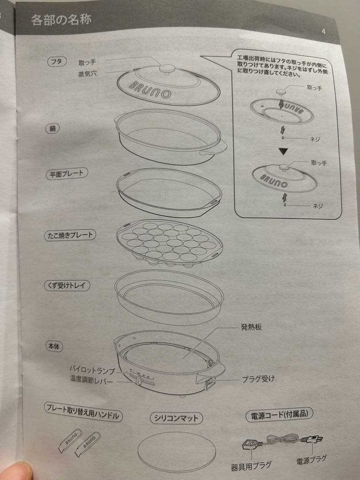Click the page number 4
click(324, 31)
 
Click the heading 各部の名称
click(61, 20)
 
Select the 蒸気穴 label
click(87, 74)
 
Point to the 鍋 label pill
click(52, 129)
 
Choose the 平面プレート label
click(67, 174)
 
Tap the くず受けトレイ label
click(67, 286)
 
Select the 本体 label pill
click(54, 346)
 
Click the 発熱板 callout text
click(251, 327)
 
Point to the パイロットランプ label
click(92, 369)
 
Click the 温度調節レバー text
click(92, 380)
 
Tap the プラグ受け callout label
click(258, 379)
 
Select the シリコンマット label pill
click(176, 418)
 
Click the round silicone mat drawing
click(176, 452)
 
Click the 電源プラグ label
click(311, 460)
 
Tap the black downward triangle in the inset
click(283, 151)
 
